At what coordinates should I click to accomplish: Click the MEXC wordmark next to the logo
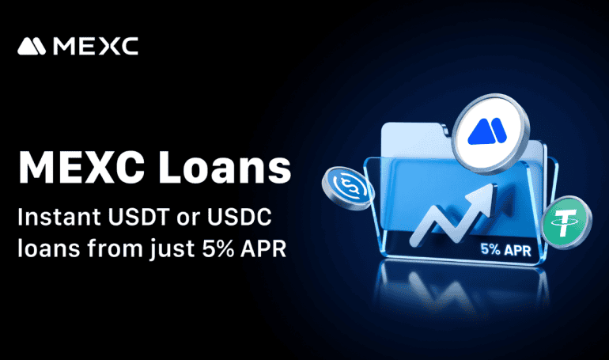pyautogui.click(x=96, y=47)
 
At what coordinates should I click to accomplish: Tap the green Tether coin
pyautogui.click(x=565, y=223)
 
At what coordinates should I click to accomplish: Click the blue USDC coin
pyautogui.click(x=346, y=188)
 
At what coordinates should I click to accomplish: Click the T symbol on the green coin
pyautogui.click(x=566, y=223)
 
